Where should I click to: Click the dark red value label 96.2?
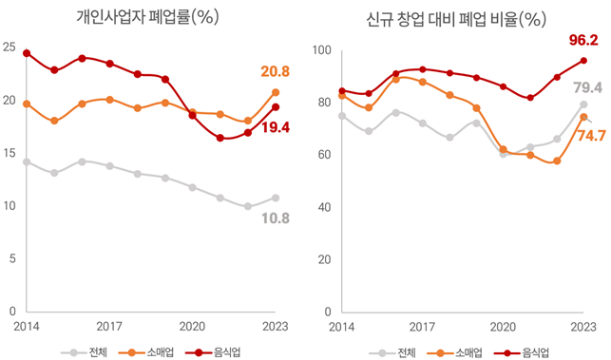click(x=582, y=41)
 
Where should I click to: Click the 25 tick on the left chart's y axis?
click(x=9, y=47)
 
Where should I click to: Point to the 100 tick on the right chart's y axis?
click(x=321, y=51)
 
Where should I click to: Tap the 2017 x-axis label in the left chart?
click(x=109, y=325)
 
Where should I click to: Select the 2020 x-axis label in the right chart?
click(x=503, y=325)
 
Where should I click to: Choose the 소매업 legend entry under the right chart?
click(x=468, y=351)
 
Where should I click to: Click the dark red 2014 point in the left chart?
click(x=27, y=53)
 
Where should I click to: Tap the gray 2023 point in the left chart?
click(x=276, y=198)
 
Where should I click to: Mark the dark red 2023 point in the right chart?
click(x=583, y=61)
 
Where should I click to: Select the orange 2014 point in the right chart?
click(x=341, y=96)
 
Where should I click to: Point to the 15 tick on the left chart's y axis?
click(x=9, y=153)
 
